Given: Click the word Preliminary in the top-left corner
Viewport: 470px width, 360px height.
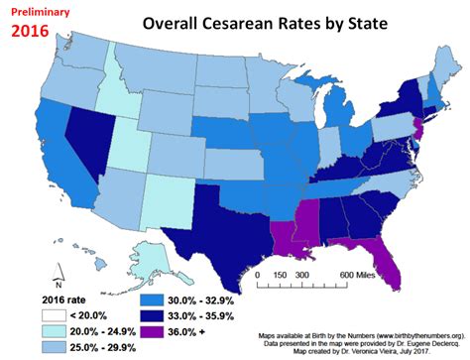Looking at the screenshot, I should click(x=38, y=10).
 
